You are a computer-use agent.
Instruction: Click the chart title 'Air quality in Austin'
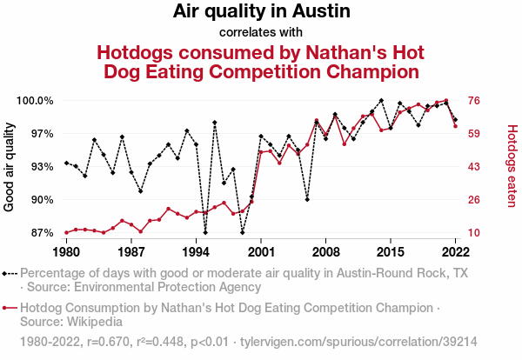pos(261,12)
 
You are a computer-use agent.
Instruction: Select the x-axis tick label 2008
pos(325,251)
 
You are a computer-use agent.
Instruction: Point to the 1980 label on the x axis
pos(66,251)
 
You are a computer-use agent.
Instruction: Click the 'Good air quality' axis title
pos(10,167)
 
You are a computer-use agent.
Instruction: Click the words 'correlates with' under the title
pos(261,33)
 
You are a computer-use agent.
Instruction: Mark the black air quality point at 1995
pos(205,232)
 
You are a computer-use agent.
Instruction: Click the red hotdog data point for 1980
pos(66,232)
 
